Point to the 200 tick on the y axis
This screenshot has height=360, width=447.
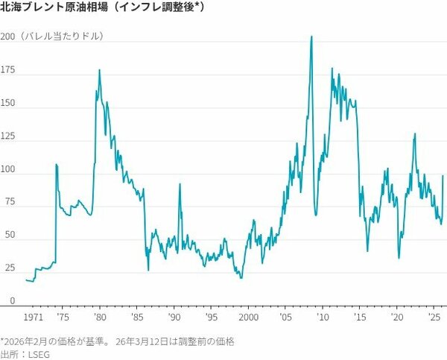[x=8, y=37]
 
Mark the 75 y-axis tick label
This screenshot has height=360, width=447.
[x=8, y=201]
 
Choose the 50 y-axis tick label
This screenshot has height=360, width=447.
[x=8, y=236]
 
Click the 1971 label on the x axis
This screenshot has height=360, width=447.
[x=33, y=317]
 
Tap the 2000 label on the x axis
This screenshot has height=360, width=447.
[x=247, y=317]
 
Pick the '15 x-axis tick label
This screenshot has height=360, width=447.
[x=358, y=317]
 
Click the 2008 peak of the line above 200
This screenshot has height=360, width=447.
[x=311, y=37]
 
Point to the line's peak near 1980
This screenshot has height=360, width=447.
[x=100, y=70]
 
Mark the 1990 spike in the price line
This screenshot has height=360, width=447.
[x=180, y=184]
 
